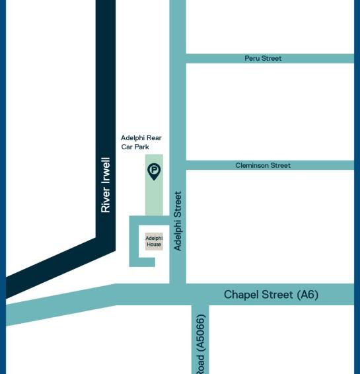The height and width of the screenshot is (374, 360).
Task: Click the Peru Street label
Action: pyautogui.click(x=263, y=58)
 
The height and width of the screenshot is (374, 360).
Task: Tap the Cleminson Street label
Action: pyautogui.click(x=263, y=165)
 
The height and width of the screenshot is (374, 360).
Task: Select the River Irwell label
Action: pyautogui.click(x=106, y=185)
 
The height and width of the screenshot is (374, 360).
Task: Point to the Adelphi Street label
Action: pyautogui.click(x=177, y=221)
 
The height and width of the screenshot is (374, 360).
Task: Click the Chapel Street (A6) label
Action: pyautogui.click(x=271, y=294)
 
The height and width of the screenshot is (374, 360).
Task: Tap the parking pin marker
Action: pyautogui.click(x=154, y=172)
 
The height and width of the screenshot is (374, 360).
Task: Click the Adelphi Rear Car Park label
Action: pyautogui.click(x=141, y=142)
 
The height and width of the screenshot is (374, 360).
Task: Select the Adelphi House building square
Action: pyautogui.click(x=154, y=241)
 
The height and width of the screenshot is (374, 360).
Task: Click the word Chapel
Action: pyautogui.click(x=240, y=294)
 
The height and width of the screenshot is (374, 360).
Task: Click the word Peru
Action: pyautogui.click(x=252, y=58)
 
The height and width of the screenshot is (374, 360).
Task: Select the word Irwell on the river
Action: pyautogui.click(x=106, y=173)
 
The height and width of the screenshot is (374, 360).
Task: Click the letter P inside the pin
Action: pyautogui.click(x=154, y=170)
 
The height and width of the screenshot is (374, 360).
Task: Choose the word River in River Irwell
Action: pyautogui.click(x=106, y=202)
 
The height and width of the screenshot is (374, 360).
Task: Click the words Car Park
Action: pyautogui.click(x=135, y=147)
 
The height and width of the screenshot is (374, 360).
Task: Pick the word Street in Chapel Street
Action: pyautogui.click(x=277, y=294)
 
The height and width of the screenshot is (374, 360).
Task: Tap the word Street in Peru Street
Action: pyautogui.click(x=271, y=58)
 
